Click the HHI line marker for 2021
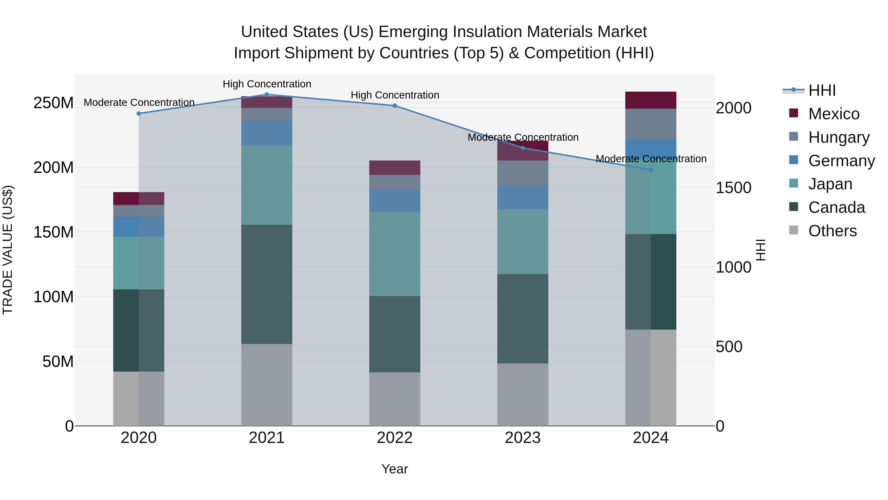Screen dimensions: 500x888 (266, 95)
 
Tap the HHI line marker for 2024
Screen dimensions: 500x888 (650, 170)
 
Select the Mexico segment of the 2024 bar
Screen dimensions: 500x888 (650, 100)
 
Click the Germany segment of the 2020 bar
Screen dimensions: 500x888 (139, 227)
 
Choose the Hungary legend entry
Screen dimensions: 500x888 (838, 137)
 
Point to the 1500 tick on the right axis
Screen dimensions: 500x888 (733, 188)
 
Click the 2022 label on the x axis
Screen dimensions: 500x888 (394, 438)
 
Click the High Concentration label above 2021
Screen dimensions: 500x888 (267, 84)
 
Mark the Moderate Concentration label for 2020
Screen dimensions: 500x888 (139, 102)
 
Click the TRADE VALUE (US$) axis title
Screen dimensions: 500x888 (8, 250)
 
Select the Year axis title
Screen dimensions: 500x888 (394, 469)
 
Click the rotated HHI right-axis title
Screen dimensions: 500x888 (760, 250)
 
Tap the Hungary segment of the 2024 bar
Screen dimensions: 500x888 (650, 124)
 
